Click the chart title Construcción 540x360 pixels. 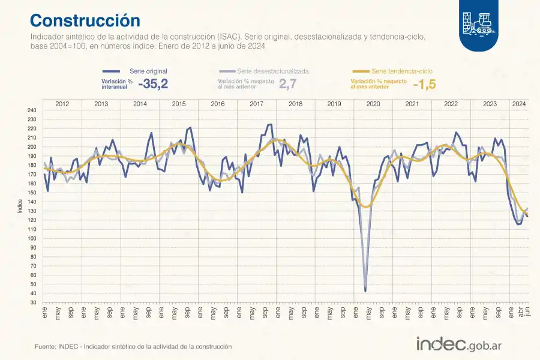[85, 20]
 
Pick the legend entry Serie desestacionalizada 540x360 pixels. [272, 71]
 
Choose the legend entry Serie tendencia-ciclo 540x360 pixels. [405, 71]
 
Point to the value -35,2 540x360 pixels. [153, 85]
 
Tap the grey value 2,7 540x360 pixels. [288, 85]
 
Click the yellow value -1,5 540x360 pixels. [425, 85]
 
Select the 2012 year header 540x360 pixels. [62, 104]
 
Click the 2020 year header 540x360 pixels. [373, 104]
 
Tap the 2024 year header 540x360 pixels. [519, 104]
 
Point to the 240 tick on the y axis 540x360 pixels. [32, 110]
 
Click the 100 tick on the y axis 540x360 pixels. [32, 238]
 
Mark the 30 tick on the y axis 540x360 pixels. [34, 302]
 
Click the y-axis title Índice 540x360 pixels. [20, 206]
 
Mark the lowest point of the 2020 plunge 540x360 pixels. [365, 291]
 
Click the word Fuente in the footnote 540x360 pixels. [46, 347]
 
